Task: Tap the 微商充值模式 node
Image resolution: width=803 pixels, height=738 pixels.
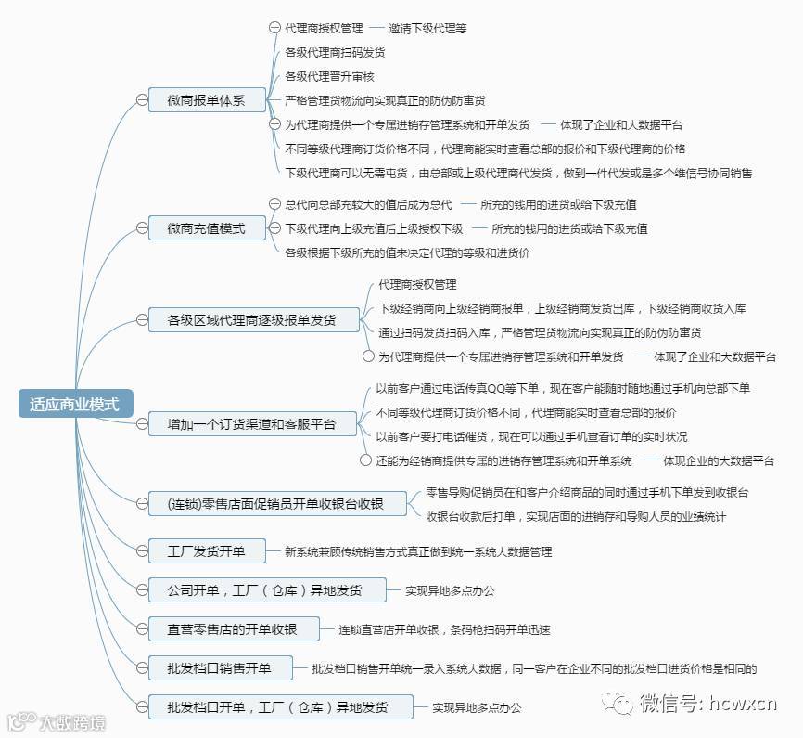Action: pyautogui.click(x=206, y=227)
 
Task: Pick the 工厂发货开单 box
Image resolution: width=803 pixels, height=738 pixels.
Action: pyautogui.click(x=206, y=551)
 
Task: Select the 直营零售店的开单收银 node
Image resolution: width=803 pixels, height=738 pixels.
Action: pyautogui.click(x=233, y=629)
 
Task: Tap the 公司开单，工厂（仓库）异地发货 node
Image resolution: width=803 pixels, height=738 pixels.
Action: pyautogui.click(x=264, y=590)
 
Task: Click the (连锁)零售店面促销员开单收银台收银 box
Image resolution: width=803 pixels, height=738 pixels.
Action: pyautogui.click(x=274, y=505)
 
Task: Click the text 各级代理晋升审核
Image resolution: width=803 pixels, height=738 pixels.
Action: pyautogui.click(x=329, y=76)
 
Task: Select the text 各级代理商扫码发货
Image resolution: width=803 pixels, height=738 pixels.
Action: pyautogui.click(x=335, y=53)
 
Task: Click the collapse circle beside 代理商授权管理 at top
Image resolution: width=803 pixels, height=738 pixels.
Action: pyautogui.click(x=274, y=29)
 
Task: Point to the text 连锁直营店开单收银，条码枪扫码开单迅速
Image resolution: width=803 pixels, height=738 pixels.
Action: pyautogui.click(x=444, y=629)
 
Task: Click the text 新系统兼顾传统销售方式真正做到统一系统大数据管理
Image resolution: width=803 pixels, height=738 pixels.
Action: pyautogui.click(x=418, y=551)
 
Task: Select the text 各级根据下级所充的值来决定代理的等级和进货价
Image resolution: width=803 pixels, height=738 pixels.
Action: pyautogui.click(x=407, y=252)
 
